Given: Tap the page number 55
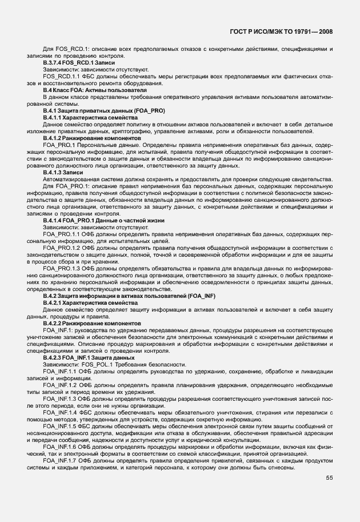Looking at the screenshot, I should click(329, 479).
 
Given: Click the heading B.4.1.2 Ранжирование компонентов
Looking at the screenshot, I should click(91, 138).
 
